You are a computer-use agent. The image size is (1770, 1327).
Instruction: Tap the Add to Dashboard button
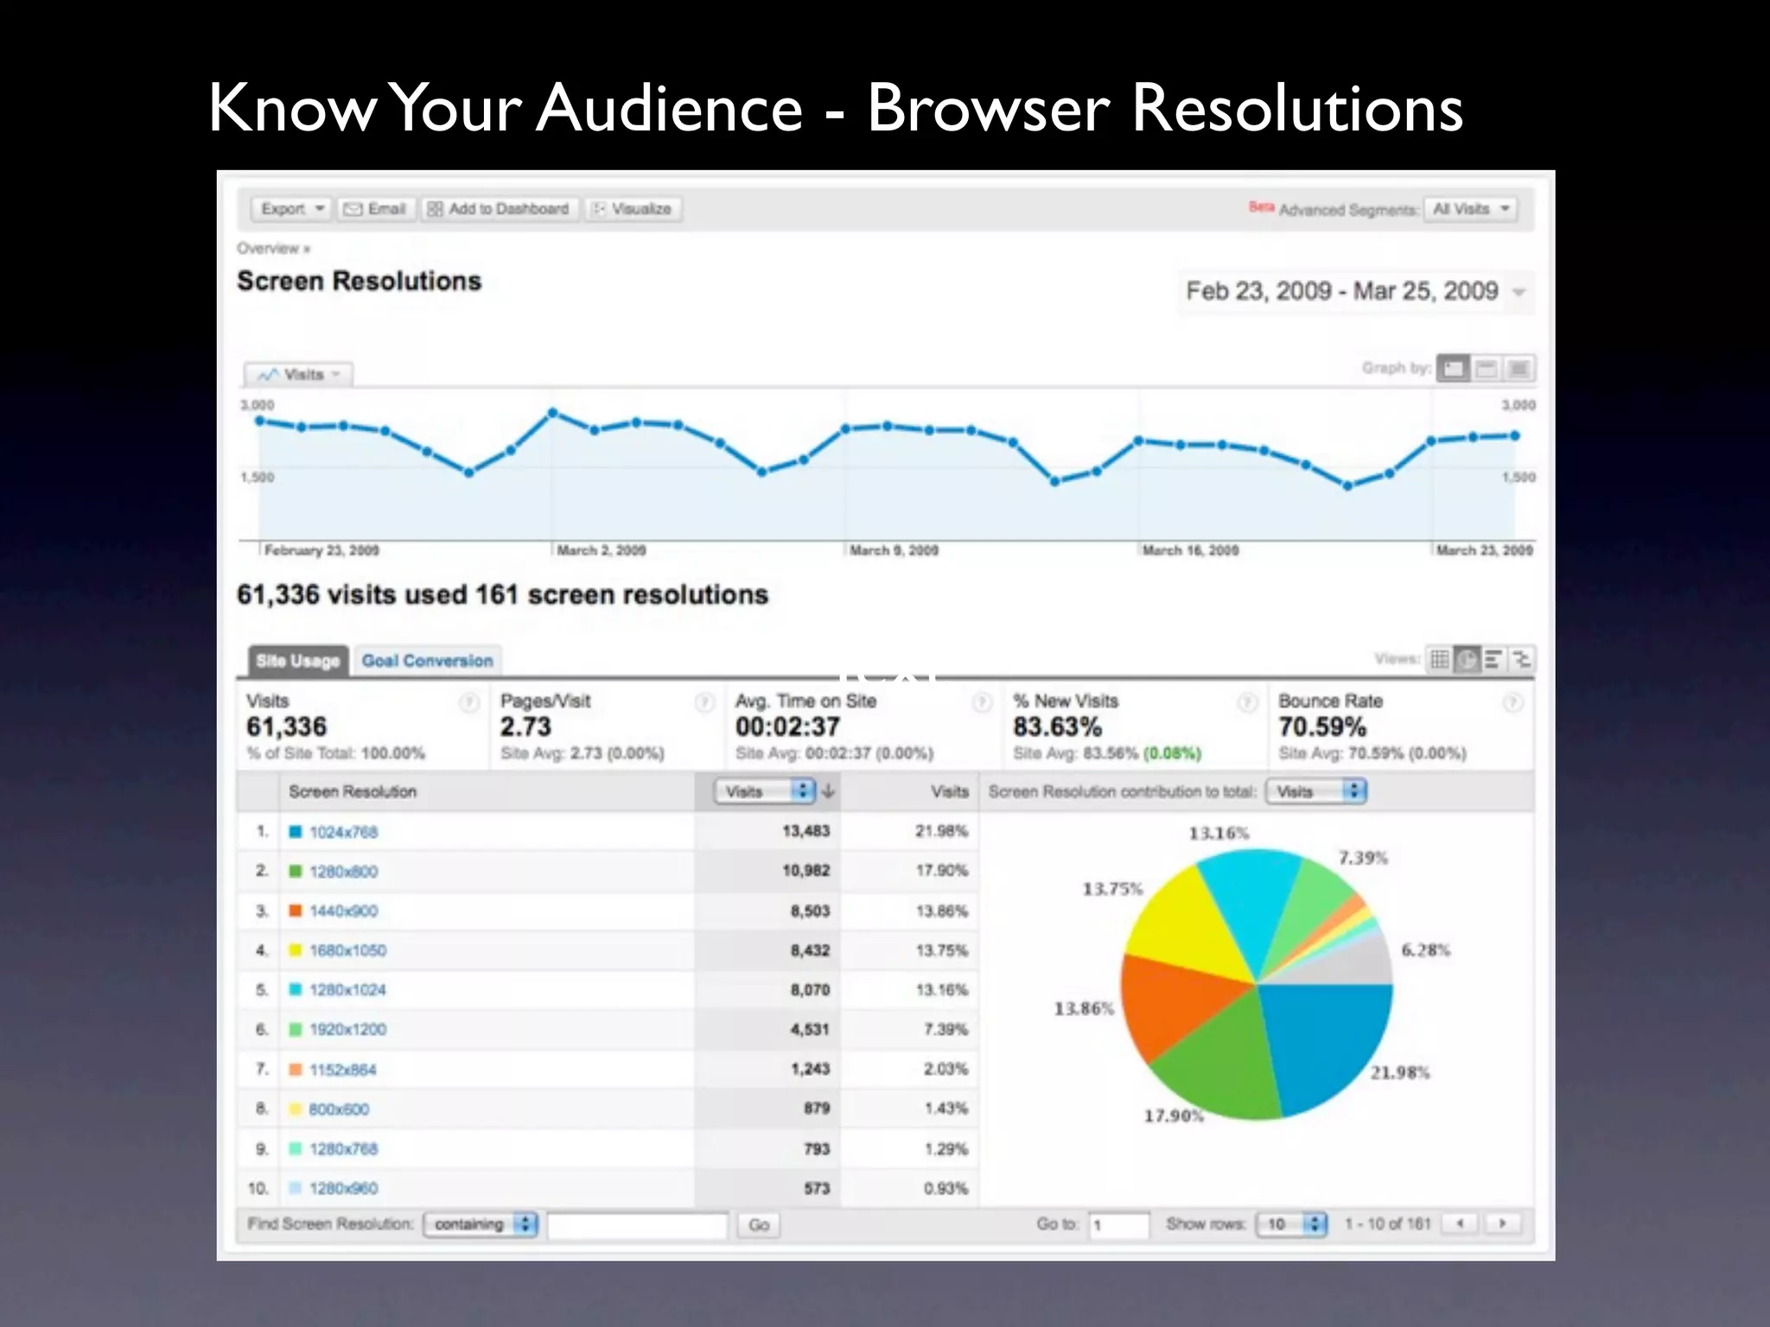(499, 209)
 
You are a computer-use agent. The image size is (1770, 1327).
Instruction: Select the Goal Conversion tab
(427, 661)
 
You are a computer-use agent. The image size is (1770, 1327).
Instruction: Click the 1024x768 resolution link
(343, 832)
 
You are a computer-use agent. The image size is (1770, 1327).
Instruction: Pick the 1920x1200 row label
(347, 1030)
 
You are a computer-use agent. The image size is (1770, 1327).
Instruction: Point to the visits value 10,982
(805, 871)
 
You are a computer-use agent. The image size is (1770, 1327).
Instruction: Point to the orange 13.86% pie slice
(1171, 1002)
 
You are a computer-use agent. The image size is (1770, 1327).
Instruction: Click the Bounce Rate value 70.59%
(1322, 727)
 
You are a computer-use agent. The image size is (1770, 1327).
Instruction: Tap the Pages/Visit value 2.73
(525, 727)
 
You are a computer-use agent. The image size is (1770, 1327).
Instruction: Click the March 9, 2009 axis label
(893, 550)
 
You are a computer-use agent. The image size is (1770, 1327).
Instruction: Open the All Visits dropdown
(1470, 209)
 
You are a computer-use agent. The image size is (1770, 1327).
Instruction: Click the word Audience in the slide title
(669, 108)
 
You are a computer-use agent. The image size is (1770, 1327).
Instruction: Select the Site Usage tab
(297, 661)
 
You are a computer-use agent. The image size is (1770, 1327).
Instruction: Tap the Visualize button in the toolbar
(634, 209)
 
